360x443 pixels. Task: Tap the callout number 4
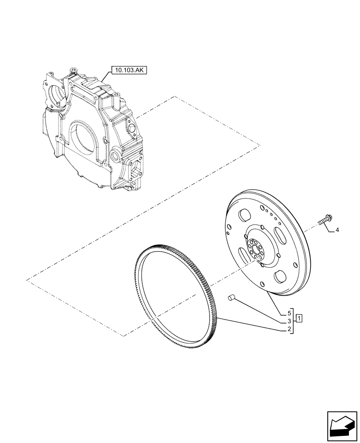pyautogui.click(x=337, y=230)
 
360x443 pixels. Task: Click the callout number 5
pyautogui.click(x=289, y=313)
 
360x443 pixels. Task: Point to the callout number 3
pyautogui.click(x=289, y=321)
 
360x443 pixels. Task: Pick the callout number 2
pyautogui.click(x=289, y=329)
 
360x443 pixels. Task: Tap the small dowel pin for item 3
pyautogui.click(x=230, y=297)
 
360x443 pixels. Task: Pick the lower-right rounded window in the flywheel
pyautogui.click(x=280, y=277)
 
